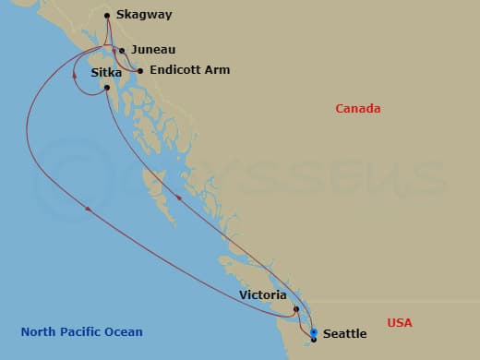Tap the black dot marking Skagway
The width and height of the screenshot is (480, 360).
pyautogui.click(x=108, y=15)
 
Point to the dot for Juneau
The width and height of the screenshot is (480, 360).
pyautogui.click(x=122, y=51)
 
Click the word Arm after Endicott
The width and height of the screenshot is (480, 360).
pyautogui.click(x=219, y=70)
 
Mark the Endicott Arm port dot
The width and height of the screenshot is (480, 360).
pyautogui.click(x=139, y=70)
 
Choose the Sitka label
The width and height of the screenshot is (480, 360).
pyautogui.click(x=107, y=73)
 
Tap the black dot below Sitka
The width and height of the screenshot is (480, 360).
pyautogui.click(x=108, y=88)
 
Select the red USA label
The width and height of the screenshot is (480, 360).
pyautogui.click(x=400, y=322)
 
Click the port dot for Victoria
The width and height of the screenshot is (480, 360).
pyautogui.click(x=295, y=309)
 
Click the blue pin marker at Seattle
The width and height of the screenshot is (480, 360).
pyautogui.click(x=314, y=332)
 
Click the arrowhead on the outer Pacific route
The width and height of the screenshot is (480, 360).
pyautogui.click(x=89, y=210)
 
